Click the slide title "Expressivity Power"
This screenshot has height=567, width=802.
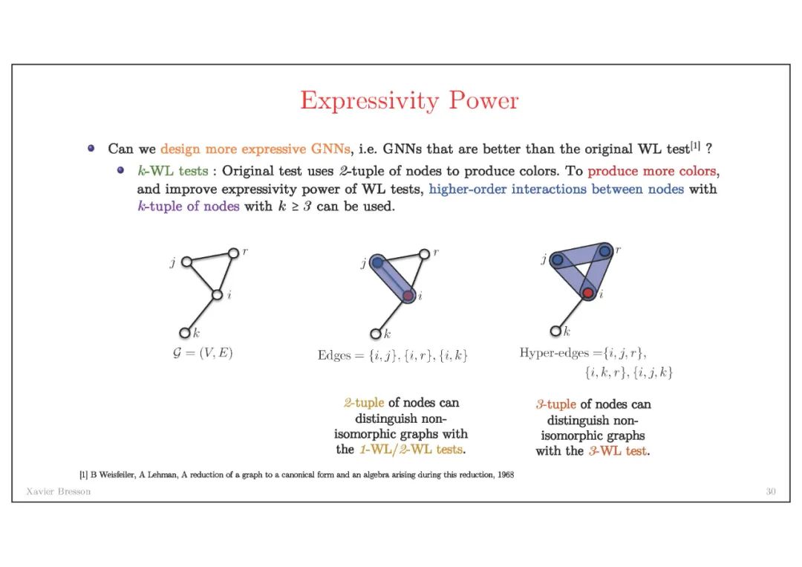(x=409, y=100)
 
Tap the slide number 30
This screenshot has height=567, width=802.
(x=771, y=491)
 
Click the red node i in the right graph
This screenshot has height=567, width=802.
(x=587, y=294)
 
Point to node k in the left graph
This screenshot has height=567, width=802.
(x=185, y=333)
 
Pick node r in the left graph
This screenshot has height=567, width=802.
(x=233, y=253)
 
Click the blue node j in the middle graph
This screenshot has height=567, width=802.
(x=377, y=262)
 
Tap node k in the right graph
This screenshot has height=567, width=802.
(x=555, y=331)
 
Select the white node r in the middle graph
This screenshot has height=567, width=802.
(x=424, y=253)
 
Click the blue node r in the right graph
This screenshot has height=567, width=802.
(x=604, y=251)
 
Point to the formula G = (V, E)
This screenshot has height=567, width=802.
(x=198, y=353)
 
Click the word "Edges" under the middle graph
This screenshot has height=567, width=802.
(x=334, y=355)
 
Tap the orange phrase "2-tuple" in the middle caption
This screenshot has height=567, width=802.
(x=364, y=403)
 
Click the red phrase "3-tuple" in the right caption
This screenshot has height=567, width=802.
(x=556, y=404)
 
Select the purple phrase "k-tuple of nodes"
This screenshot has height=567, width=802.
(x=189, y=207)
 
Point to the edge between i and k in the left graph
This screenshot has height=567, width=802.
(x=201, y=314)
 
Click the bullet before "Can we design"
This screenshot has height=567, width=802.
(x=91, y=149)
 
